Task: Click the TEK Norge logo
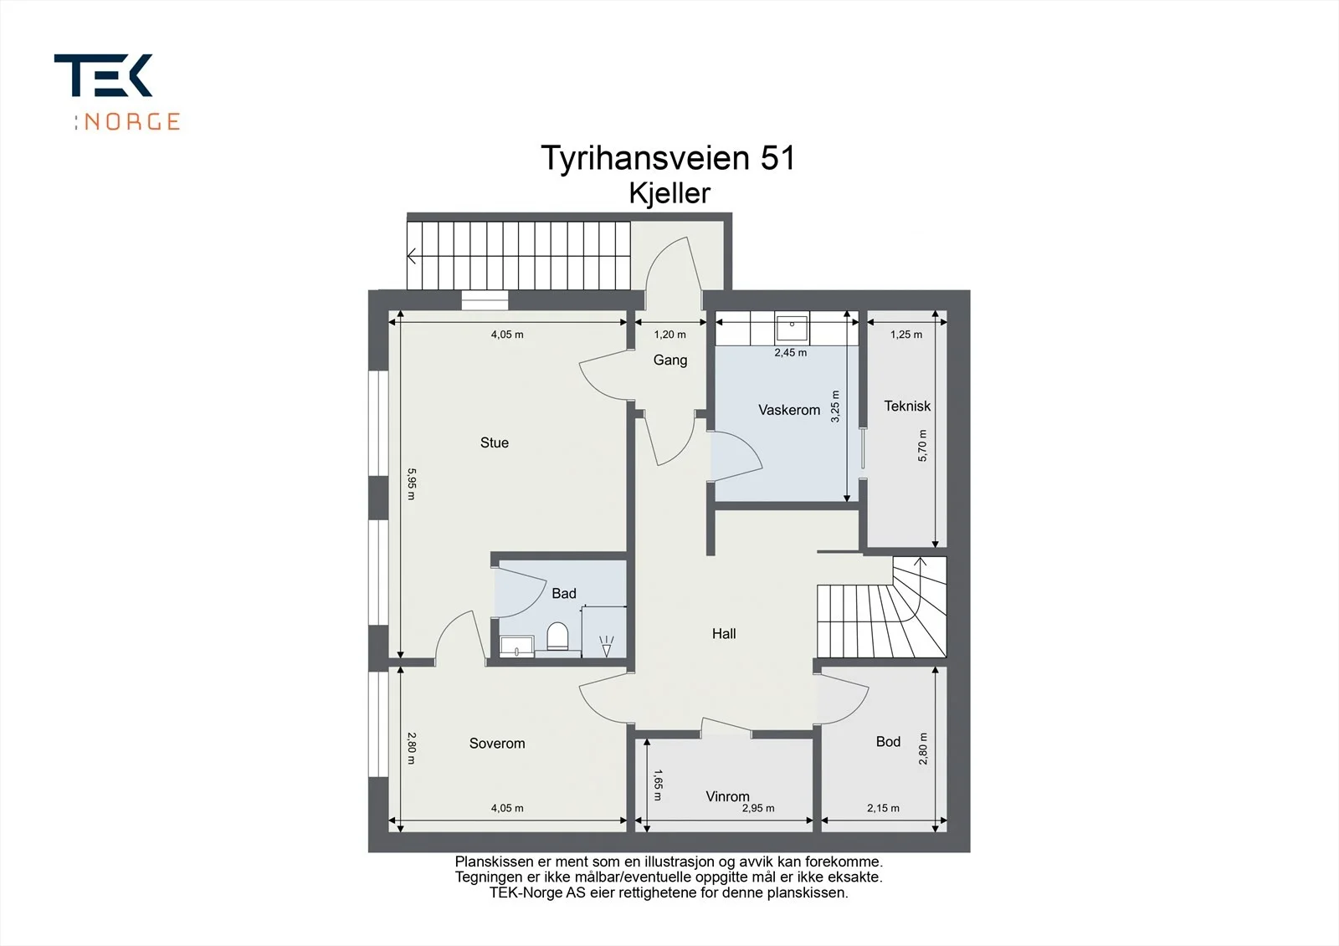[x=117, y=92]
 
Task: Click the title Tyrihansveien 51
[x=669, y=159]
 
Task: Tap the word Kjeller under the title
[x=669, y=193]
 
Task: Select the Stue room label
[x=495, y=442]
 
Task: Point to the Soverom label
[x=497, y=744]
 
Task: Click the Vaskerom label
[x=789, y=410]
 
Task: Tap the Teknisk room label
[x=907, y=407]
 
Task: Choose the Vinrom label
[x=727, y=796]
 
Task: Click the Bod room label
[x=888, y=742]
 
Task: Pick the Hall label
[x=724, y=633]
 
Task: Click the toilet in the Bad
[x=557, y=637]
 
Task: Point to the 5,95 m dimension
[x=411, y=483]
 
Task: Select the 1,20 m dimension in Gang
[x=670, y=335]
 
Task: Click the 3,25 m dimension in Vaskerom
[x=835, y=407]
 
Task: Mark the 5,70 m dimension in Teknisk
[x=922, y=445]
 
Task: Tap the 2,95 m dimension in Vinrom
[x=758, y=809]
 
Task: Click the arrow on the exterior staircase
[x=413, y=257]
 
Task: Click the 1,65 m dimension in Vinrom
[x=658, y=785]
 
